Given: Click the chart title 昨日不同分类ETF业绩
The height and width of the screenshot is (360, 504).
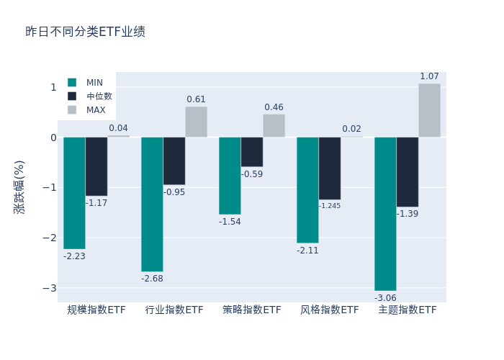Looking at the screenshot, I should (85, 32).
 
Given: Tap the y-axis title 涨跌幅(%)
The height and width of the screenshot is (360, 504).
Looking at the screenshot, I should (19, 187).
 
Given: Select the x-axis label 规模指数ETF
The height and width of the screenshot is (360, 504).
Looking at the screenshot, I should (96, 310).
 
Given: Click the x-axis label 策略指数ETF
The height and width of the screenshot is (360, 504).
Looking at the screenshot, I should (252, 310).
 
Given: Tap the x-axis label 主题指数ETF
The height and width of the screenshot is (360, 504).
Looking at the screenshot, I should (408, 310).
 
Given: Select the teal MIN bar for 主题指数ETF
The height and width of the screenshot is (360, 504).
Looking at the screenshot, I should (385, 213).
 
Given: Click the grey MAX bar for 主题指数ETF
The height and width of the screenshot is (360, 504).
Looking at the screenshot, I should (429, 110).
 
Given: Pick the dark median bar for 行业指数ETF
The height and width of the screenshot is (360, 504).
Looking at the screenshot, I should (174, 161).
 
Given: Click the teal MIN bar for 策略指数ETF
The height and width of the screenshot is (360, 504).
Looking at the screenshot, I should (230, 175).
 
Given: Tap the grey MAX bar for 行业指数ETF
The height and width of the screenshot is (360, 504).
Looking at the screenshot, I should (196, 122).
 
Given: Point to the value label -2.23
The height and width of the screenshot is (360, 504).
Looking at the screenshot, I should (74, 256).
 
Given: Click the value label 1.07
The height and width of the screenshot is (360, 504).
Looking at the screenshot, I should (429, 76).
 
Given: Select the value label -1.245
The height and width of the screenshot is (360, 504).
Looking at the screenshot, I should (330, 206).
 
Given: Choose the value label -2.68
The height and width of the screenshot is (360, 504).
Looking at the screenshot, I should (152, 279).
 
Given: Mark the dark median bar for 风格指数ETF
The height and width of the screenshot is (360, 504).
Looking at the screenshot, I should (330, 168).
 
